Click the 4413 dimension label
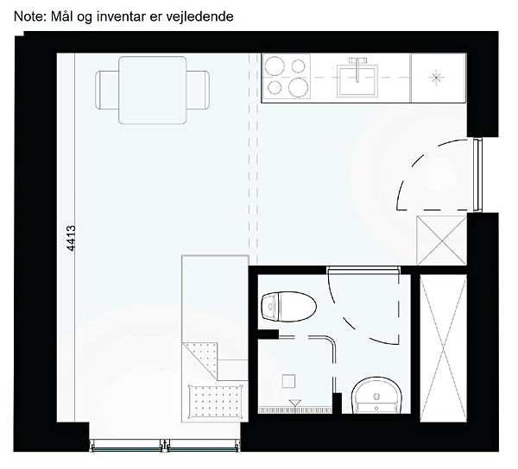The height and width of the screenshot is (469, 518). tap(71, 238)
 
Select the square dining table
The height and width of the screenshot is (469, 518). tap(153, 90)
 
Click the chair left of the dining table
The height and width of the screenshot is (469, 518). tap(107, 90)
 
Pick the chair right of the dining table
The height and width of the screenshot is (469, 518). tap(198, 90)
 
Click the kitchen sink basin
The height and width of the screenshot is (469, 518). tap(357, 81)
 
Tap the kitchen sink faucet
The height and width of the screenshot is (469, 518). tap(357, 68)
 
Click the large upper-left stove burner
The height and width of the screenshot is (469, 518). tap(275, 66)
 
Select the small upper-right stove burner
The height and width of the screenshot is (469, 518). tap(299, 66)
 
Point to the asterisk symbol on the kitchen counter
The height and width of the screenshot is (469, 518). tap(436, 78)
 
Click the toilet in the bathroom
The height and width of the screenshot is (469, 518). tap(288, 306)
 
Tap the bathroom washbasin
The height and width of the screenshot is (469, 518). tap(376, 395)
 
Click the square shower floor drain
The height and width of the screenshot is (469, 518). tap(288, 380)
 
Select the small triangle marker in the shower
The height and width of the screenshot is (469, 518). tap(294, 403)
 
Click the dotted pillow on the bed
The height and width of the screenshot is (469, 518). tap(215, 402)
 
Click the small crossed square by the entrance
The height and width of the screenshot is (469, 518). tap(442, 241)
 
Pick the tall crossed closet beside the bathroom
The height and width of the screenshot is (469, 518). tap(443, 348)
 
